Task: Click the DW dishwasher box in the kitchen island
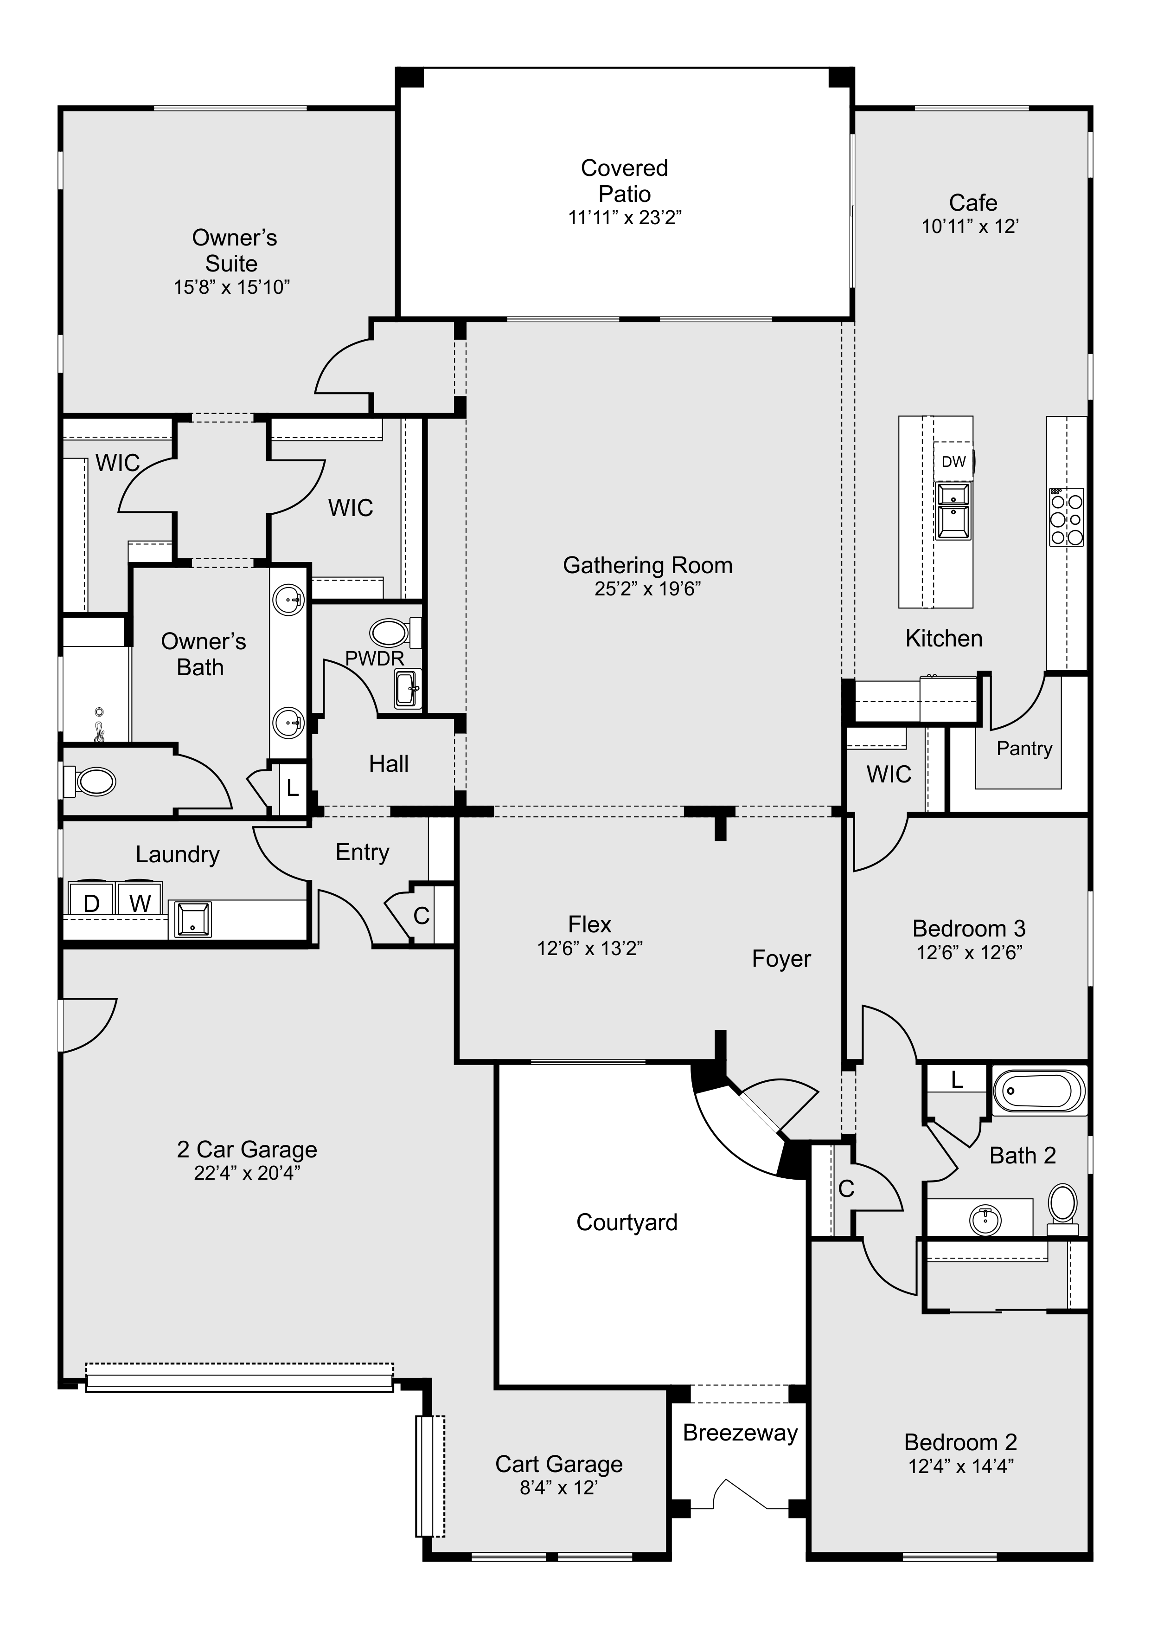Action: tap(953, 462)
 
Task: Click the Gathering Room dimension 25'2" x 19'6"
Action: tap(647, 589)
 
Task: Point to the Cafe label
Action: tap(972, 203)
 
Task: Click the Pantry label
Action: tap(1023, 748)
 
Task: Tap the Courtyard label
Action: tap(627, 1222)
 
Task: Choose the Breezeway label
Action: tap(742, 1433)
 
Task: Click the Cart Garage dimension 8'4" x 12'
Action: tap(558, 1487)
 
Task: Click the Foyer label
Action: tap(781, 959)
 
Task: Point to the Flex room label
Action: tap(589, 924)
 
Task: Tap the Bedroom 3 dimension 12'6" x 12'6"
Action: tap(968, 952)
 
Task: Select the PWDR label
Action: tap(374, 658)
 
